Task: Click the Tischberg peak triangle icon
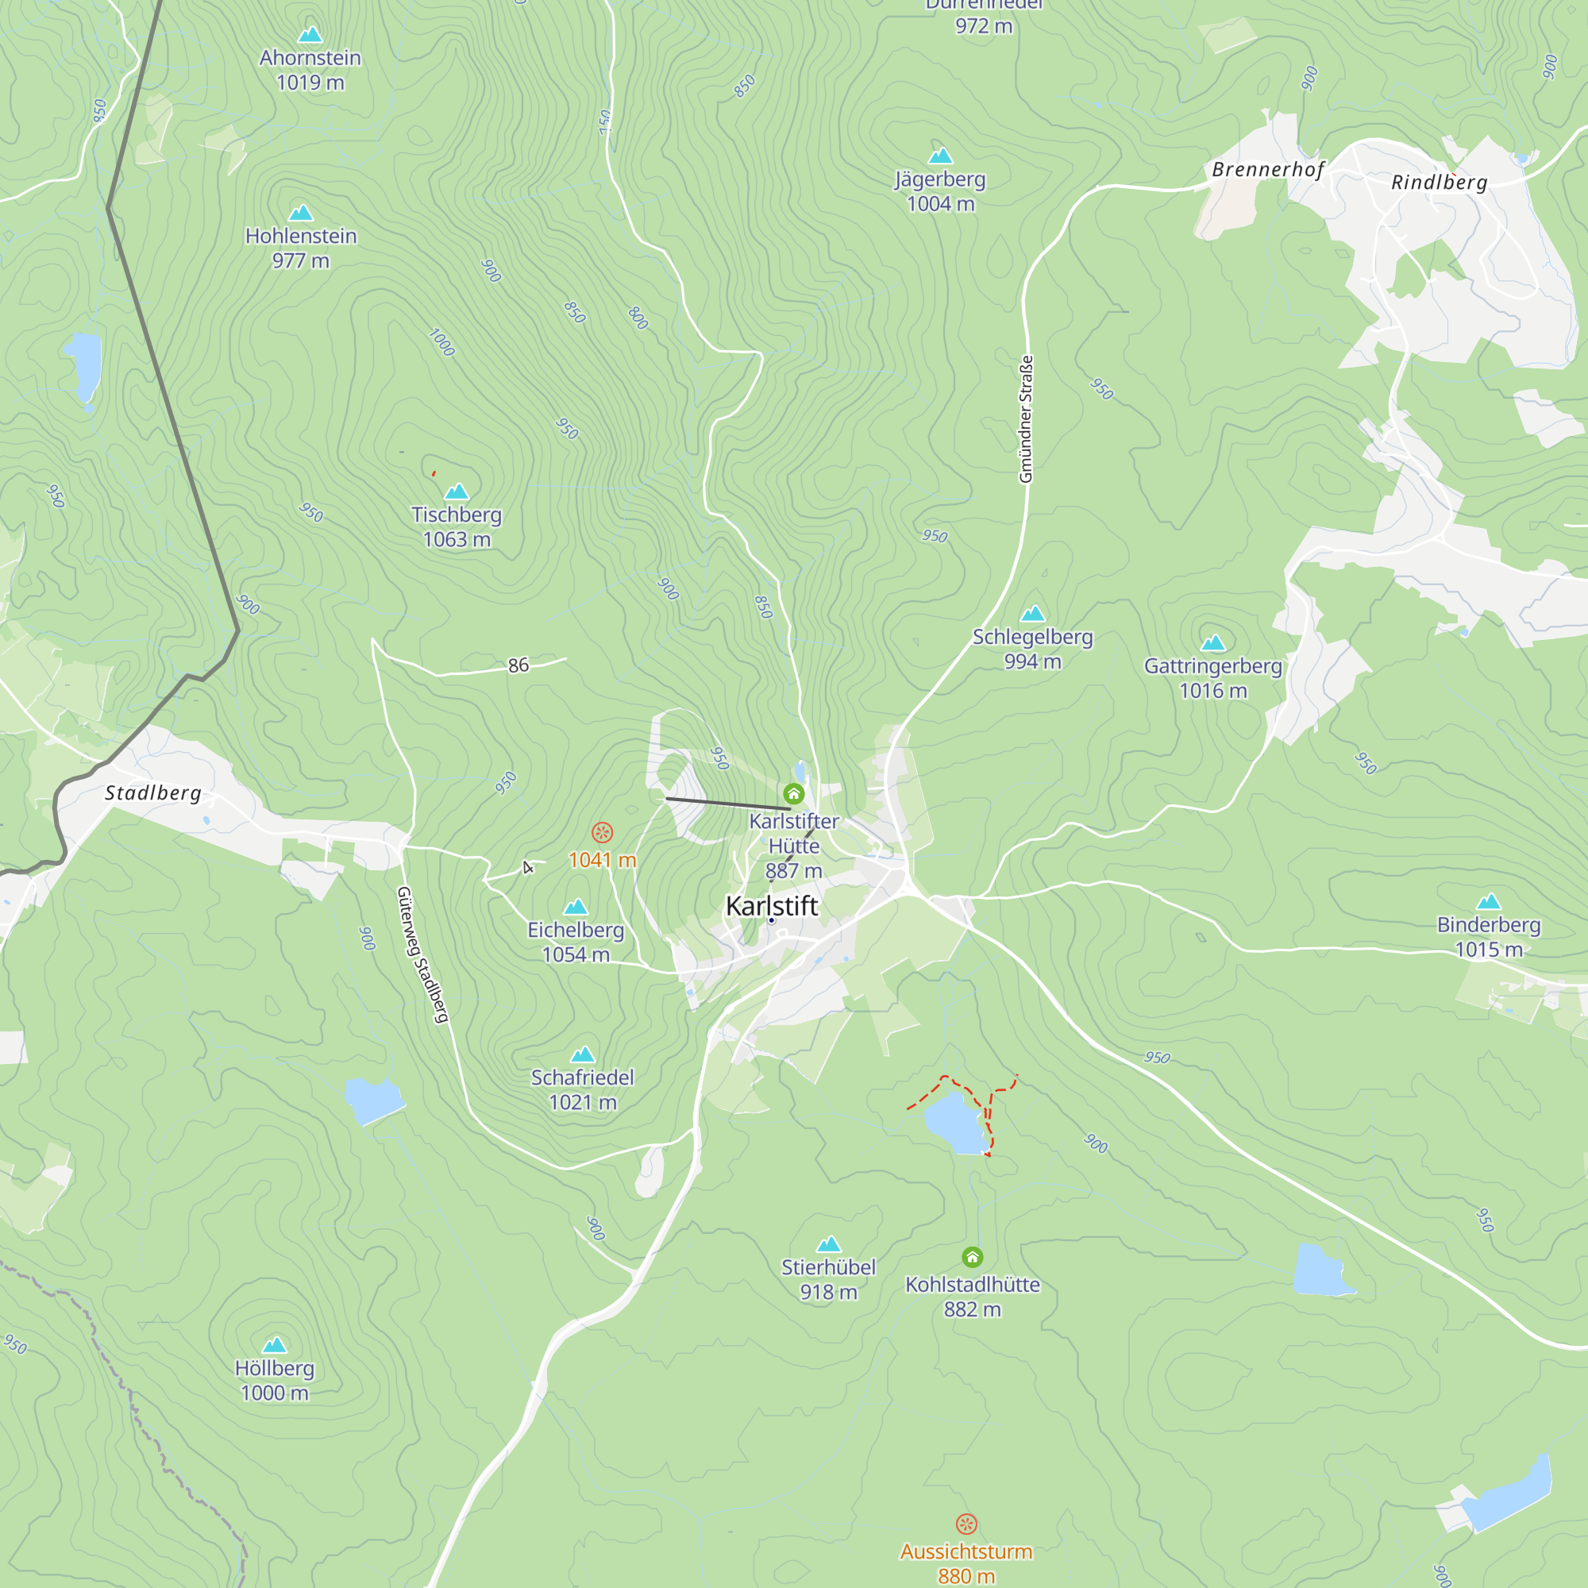[457, 491]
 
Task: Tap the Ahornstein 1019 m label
[310, 70]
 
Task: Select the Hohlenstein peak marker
[301, 213]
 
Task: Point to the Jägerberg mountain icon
[940, 156]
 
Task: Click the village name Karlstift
[771, 906]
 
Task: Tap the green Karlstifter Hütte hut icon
[793, 793]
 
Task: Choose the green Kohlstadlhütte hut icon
[973, 1257]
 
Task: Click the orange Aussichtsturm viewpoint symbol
[966, 1524]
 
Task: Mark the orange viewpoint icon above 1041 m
[603, 833]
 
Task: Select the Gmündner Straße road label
[1026, 419]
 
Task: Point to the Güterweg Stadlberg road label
[422, 954]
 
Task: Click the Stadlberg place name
[153, 793]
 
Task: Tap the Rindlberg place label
[1440, 183]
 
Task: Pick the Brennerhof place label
[1267, 169]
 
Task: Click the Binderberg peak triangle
[1489, 902]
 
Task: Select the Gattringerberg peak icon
[1213, 643]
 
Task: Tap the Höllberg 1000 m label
[275, 1380]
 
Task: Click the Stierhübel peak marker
[828, 1244]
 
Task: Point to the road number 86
[518, 665]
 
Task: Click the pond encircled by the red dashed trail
[955, 1123]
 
